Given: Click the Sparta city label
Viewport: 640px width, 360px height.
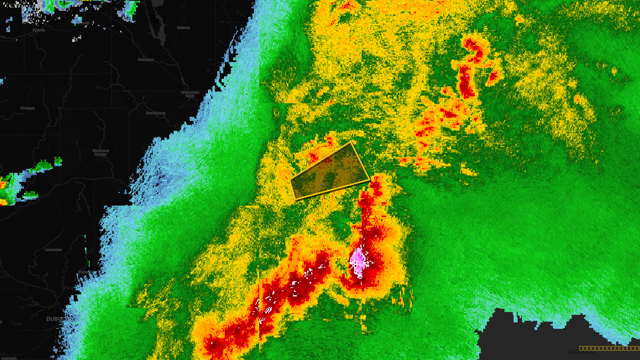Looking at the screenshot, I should pyautogui.click(x=38, y=30).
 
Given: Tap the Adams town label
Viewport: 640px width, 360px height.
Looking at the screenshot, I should pyautogui.click(x=183, y=28).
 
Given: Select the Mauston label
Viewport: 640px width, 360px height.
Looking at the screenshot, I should pyautogui.click(x=146, y=60).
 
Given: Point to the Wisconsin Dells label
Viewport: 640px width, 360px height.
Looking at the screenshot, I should pyautogui.click(x=190, y=94).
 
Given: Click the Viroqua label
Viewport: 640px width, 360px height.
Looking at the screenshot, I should pyautogui.click(x=27, y=108).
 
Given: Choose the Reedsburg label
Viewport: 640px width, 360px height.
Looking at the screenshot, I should pyautogui.click(x=155, y=113).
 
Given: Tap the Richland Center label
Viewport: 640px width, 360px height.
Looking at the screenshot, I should pyautogui.click(x=100, y=152).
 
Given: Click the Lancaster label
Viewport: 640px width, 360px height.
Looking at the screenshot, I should pyautogui.click(x=53, y=250).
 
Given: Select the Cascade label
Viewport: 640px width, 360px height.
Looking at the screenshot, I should pyautogui.click(x=9, y=358).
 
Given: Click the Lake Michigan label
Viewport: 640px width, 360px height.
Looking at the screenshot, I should pyautogui.click(x=580, y=352).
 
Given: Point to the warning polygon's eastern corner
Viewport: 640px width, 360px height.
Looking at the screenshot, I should pyautogui.click(x=369, y=180).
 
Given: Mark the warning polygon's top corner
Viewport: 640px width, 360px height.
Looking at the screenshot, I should pyautogui.click(x=351, y=142).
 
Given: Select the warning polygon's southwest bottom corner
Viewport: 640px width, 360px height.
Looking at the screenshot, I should pyautogui.click(x=296, y=198).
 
